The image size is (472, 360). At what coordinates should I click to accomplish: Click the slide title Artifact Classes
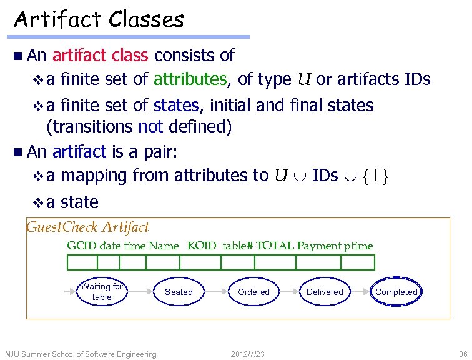[x=99, y=19]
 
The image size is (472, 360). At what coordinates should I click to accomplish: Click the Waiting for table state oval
[x=102, y=292]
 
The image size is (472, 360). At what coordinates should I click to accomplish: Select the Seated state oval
[x=179, y=292]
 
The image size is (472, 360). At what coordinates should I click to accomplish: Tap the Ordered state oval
[x=253, y=292]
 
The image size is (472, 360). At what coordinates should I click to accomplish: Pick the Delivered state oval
[x=325, y=292]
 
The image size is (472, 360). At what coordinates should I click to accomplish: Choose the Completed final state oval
[x=396, y=292]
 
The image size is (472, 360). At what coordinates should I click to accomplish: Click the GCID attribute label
[x=82, y=246]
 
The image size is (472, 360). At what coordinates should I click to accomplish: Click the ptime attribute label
[x=358, y=246]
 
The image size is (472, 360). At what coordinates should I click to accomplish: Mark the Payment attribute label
[x=320, y=246]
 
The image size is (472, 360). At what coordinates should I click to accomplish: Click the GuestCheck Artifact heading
[x=88, y=227]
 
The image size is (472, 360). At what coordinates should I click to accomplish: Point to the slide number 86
[x=463, y=354]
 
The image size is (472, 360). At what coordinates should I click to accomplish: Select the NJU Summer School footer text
[x=81, y=354]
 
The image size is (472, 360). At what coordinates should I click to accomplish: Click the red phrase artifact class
[x=101, y=55]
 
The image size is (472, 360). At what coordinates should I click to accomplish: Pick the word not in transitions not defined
[x=150, y=127]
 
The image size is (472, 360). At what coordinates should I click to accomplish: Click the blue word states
[x=176, y=105]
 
